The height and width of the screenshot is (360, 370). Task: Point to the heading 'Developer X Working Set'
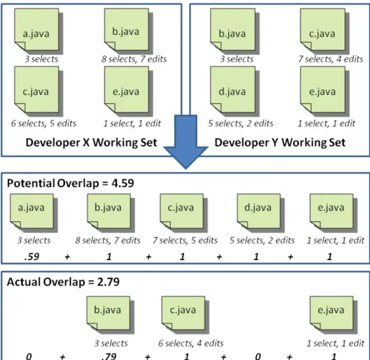pos(92,143)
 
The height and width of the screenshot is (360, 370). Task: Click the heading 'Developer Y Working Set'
pos(280,143)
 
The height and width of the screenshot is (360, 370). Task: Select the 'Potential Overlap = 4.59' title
pos(70,183)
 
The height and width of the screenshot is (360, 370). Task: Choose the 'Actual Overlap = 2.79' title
pos(63,282)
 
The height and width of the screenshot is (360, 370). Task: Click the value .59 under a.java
pos(32,257)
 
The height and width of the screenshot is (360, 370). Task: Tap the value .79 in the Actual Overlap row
pos(108,356)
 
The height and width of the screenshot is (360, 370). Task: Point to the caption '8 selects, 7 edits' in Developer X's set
pos(134,59)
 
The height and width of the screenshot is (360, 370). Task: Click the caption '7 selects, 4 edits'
pos(330,59)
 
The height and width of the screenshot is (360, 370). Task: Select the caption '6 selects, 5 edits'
pos(44,123)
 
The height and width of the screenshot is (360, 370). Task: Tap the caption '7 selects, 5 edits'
pos(185,240)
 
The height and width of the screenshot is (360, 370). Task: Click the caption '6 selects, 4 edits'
pos(191,343)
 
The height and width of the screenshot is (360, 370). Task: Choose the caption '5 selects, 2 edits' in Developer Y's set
pos(240,123)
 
